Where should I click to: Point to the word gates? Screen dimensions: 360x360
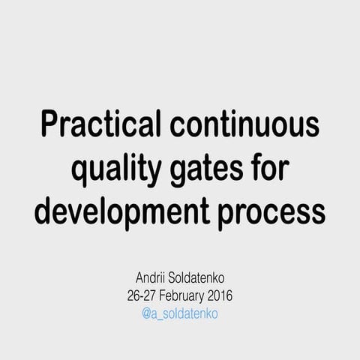203,169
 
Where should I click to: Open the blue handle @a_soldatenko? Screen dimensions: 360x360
180,313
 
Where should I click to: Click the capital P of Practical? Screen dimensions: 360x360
49,124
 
